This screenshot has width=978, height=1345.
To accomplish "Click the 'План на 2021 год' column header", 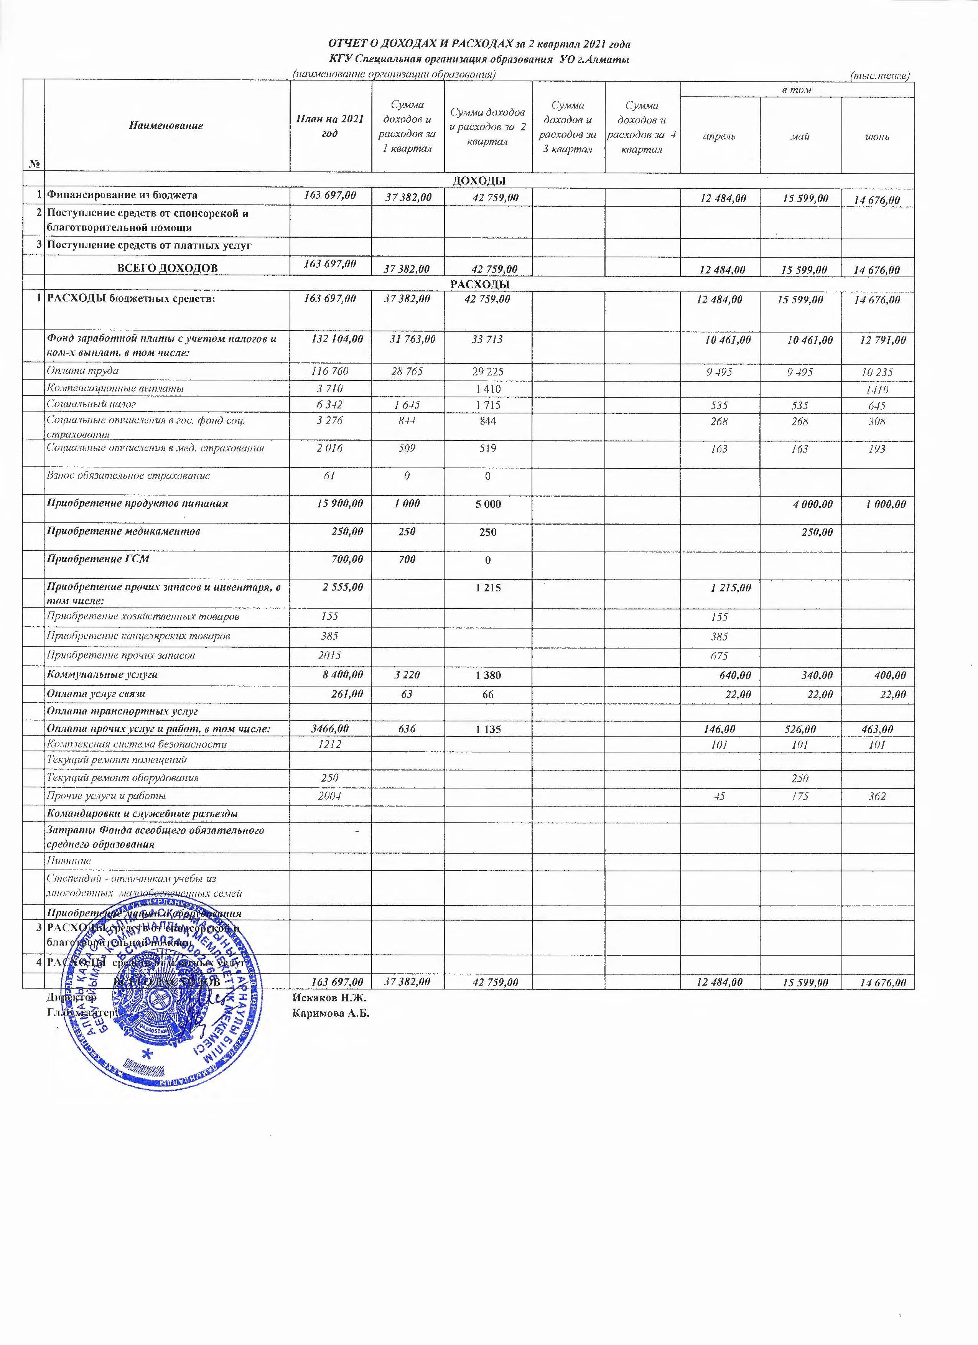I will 330,126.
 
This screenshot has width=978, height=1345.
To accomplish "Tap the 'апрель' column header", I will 720,137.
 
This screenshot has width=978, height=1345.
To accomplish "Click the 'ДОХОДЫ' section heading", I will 479,180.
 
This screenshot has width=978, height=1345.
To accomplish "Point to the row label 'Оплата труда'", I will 83,370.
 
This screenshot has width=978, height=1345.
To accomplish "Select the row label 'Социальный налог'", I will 92,405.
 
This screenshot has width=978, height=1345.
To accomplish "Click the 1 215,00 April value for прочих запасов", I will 731,588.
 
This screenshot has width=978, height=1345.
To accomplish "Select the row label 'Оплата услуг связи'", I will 96,693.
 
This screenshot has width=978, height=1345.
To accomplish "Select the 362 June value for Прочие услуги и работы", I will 877,797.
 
